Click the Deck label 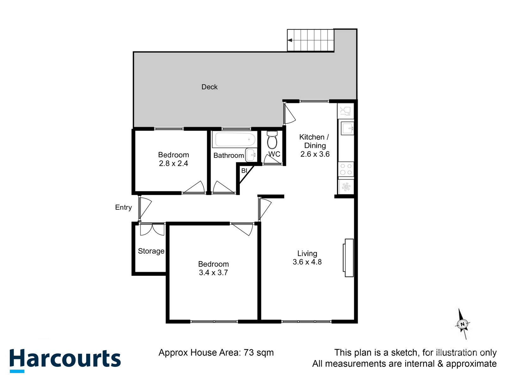[209, 87]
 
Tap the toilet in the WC [272, 140]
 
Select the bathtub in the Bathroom [234, 139]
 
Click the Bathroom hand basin [251, 155]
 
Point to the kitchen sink [346, 128]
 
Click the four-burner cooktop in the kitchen [346, 169]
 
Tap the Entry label [123, 207]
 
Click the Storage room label [151, 251]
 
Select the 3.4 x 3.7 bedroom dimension [213, 273]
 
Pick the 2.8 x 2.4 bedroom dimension [173, 163]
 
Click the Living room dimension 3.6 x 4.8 [307, 262]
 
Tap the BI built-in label [244, 171]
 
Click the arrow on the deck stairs [290, 40]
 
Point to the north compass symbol [463, 324]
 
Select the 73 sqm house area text [258, 352]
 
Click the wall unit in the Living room [349, 258]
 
